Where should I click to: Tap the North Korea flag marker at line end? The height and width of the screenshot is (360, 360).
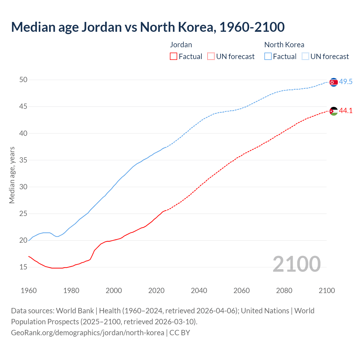coord(334,82)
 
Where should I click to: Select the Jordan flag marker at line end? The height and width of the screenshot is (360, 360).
coord(334,111)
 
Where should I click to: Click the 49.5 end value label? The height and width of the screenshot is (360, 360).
coord(346,82)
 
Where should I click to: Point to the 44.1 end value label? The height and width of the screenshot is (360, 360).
coord(346,111)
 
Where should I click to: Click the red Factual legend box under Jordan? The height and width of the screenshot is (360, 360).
coord(174,57)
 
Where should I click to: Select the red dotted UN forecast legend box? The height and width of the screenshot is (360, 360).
coord(211,57)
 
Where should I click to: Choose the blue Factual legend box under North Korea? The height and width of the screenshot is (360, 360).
coord(268,57)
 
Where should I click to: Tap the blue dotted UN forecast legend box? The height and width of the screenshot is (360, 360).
coord(305,57)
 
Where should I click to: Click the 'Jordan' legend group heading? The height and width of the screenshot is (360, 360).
coord(181,45)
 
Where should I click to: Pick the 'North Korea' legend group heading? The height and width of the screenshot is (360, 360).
coord(284,45)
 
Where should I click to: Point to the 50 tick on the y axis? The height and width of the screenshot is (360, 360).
coord(23,80)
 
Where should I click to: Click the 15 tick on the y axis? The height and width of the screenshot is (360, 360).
coord(23,267)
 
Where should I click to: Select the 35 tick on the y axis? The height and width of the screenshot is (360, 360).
coord(23,160)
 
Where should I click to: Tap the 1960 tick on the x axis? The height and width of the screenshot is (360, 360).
coord(29,291)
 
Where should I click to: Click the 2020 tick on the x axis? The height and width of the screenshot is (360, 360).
coord(156,291)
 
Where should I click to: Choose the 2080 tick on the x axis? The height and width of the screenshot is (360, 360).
coord(284,291)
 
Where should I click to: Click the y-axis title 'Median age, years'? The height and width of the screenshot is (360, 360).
coord(12,175)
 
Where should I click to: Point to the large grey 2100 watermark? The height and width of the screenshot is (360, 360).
coord(296,264)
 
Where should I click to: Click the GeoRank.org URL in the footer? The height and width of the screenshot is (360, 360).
coord(87,333)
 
